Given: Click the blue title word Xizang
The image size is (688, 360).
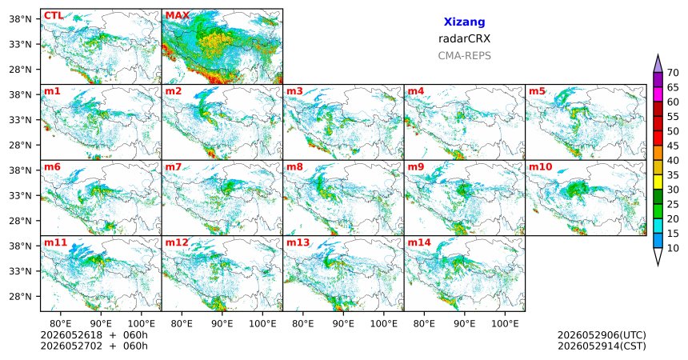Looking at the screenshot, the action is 464,22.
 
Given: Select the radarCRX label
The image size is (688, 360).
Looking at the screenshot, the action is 464,38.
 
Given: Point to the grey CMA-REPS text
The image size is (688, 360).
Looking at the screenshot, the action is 464,56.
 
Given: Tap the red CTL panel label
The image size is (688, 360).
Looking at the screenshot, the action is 53,16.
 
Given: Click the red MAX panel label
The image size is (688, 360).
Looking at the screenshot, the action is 177,16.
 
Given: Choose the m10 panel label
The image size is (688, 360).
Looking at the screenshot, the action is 541,167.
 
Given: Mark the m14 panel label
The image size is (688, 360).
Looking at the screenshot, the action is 419,242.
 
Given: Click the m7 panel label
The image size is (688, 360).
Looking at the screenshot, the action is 174,167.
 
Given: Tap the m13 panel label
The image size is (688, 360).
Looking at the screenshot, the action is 298,242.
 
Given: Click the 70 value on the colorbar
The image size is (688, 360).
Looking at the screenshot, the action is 673,73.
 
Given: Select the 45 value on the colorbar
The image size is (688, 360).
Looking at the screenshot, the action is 673,146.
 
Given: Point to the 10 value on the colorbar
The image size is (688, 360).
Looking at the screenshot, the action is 673,248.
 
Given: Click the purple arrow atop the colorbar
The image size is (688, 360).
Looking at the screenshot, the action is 658,64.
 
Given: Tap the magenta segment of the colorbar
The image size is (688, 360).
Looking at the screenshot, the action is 658,94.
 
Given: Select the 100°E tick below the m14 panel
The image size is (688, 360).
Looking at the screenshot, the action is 505,324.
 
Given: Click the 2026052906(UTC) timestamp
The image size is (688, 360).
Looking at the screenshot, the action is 602,335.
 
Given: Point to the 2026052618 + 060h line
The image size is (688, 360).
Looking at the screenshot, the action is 94,335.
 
